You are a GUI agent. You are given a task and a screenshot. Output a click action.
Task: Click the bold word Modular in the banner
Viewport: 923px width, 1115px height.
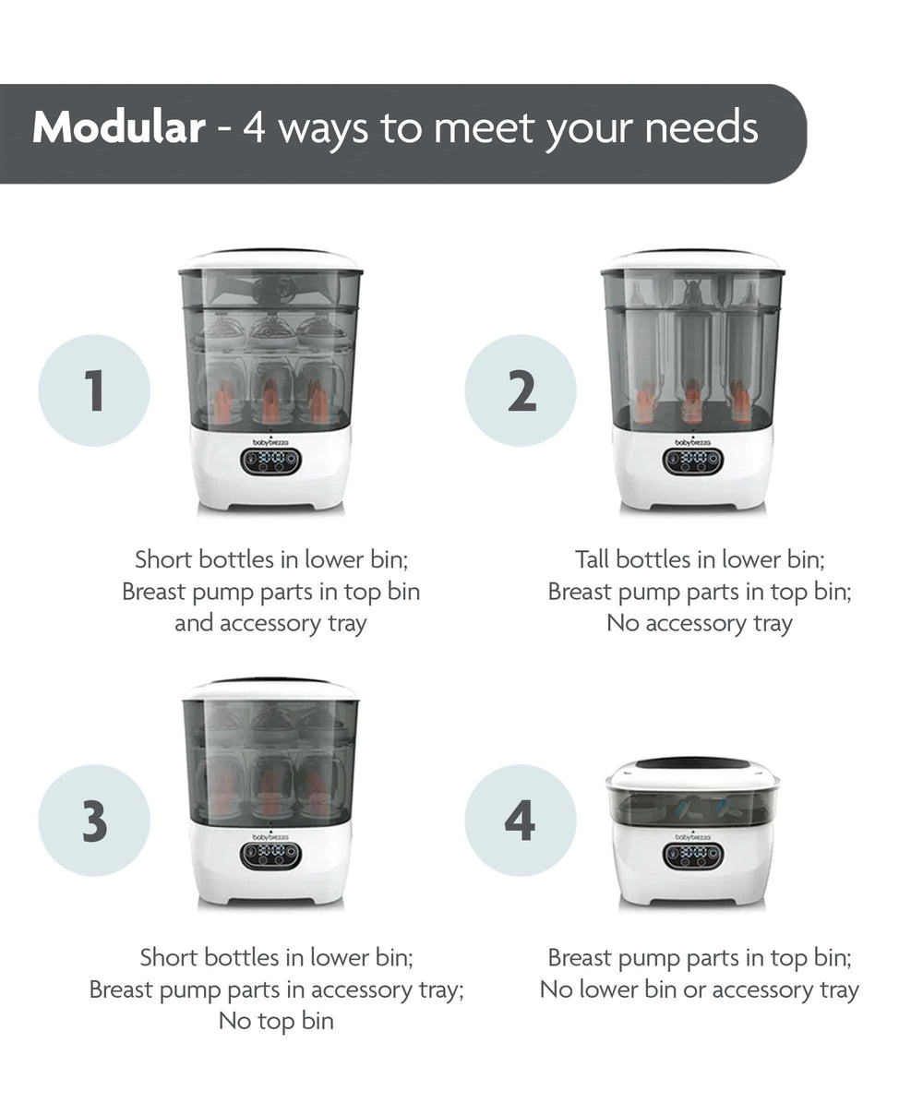[x=118, y=128]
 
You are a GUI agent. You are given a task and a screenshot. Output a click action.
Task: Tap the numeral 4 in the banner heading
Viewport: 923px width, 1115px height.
[x=254, y=128]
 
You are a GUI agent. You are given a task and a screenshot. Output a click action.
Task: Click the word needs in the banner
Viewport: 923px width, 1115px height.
[x=701, y=128]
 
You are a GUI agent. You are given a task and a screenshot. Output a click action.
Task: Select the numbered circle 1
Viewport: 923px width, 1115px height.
[x=94, y=390]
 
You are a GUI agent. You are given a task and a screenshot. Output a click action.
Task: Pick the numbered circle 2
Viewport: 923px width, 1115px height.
[x=521, y=390]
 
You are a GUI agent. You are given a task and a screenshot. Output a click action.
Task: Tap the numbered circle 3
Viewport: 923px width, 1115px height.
[x=94, y=821]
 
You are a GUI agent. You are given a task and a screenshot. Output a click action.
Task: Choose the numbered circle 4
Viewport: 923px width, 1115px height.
[x=521, y=821]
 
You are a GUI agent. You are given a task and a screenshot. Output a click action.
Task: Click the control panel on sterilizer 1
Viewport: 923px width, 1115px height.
[x=270, y=461]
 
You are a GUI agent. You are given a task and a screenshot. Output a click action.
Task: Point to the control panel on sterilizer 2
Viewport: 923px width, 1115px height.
[x=693, y=461]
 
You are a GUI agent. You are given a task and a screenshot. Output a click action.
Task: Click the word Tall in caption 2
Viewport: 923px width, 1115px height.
[x=593, y=559]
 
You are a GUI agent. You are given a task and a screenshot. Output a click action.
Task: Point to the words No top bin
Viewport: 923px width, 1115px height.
[x=276, y=1021]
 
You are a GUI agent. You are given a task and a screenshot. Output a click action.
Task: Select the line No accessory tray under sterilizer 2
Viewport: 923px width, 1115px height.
[x=700, y=623]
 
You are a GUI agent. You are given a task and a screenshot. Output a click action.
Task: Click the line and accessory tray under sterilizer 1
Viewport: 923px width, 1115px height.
[x=270, y=623]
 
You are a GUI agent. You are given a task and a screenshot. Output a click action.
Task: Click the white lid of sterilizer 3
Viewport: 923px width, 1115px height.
[x=270, y=689]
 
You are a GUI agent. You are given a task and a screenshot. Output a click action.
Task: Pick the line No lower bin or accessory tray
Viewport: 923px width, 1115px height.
[x=700, y=989]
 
